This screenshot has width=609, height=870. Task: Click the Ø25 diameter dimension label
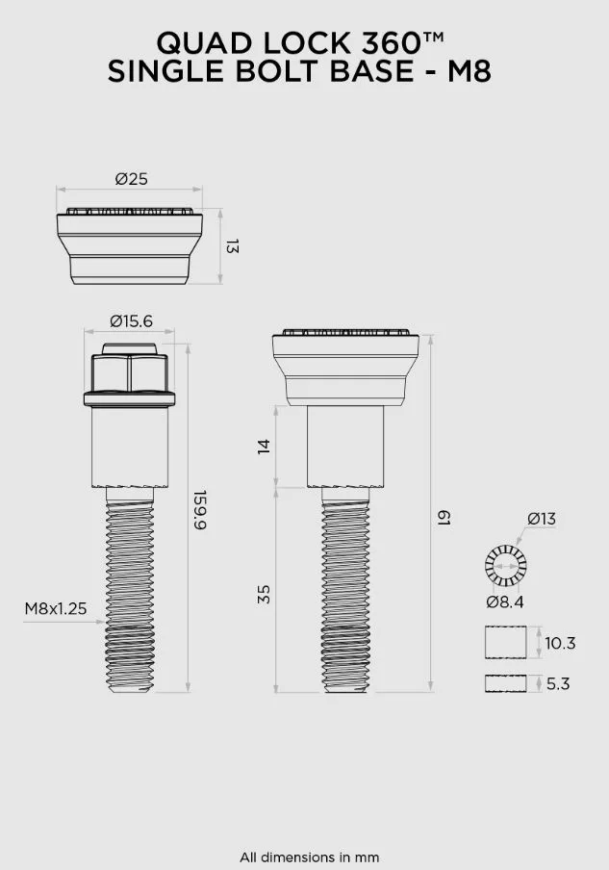coord(132,179)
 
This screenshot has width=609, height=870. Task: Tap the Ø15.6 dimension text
coord(131,321)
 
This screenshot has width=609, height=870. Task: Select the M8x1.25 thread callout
coord(56,608)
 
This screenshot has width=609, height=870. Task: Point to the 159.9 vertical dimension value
coord(199,510)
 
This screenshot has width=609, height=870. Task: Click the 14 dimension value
coord(264,447)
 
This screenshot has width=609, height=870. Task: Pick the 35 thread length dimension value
coord(264,594)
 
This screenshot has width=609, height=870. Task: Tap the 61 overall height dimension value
coord(444,518)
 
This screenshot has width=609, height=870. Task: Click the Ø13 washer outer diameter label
coord(542,519)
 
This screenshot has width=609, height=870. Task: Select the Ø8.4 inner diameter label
coord(505,602)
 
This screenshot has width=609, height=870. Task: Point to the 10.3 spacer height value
coord(560,643)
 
